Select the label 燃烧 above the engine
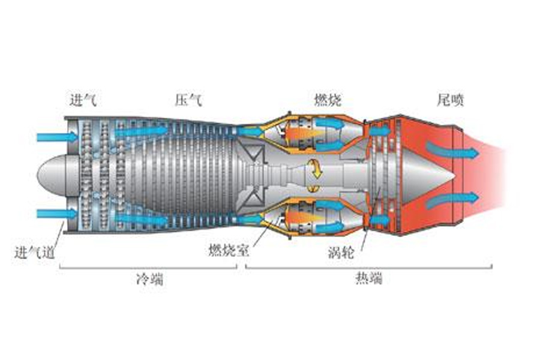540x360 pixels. pyautogui.click(x=328, y=100)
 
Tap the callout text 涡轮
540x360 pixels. pyautogui.click(x=341, y=252)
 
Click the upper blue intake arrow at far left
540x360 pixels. pyautogui.click(x=56, y=137)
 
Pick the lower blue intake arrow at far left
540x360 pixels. pyautogui.click(x=56, y=214)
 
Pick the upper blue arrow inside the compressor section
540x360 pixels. pyautogui.click(x=141, y=130)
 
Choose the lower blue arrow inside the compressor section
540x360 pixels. pyautogui.click(x=141, y=220)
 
